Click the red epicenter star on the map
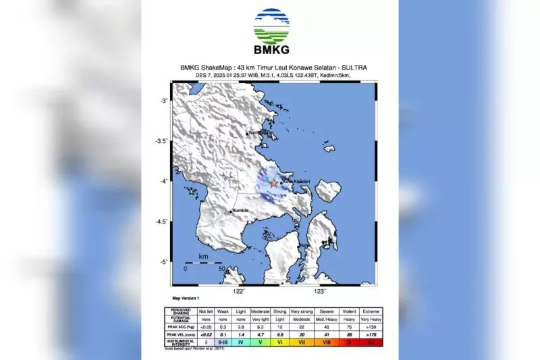pos(273,182)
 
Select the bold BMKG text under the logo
pos(271,49)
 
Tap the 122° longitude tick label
pos(238,291)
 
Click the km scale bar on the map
pos(203,263)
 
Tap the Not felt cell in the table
pos(206,311)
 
